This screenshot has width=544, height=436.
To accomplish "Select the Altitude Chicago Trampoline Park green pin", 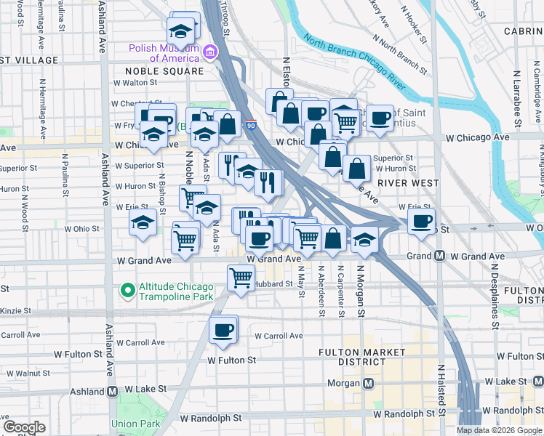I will pos(129,291).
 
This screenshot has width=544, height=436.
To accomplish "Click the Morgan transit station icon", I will pos(369,382).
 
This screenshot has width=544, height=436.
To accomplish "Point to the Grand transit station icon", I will pos(440,256).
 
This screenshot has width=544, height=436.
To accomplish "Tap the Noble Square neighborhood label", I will pos(164,71).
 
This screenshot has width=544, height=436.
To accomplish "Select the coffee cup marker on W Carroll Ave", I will pos(223,331).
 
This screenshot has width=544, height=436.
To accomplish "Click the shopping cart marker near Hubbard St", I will pos(241,277).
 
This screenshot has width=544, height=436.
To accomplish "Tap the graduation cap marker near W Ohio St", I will pos(143,223).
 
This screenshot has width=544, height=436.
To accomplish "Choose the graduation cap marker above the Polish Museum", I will pos(180,31).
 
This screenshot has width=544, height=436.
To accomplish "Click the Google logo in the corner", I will pos(24,427).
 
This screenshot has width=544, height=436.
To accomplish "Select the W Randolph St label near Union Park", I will pos(211,418).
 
